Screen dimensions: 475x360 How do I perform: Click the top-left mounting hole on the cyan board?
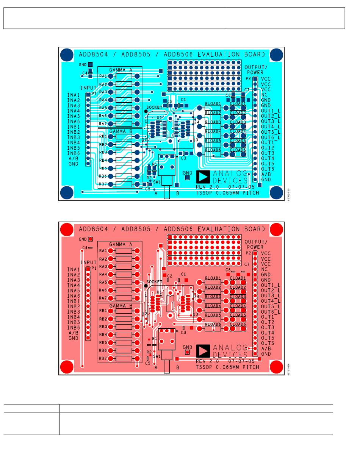tap(67, 55)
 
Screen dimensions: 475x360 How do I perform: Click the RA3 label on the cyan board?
tap(103, 92)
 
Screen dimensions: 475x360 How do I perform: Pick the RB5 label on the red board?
tap(103, 342)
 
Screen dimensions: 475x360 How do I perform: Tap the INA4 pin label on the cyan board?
tap(74, 111)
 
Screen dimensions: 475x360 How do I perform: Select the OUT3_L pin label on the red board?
tap(271, 295)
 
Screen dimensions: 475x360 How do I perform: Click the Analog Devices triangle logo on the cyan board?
tap(203, 177)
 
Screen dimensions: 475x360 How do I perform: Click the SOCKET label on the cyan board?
tap(154, 107)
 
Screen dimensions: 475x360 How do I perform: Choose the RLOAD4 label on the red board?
tap(213, 306)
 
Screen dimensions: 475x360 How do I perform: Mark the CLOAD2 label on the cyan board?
tap(238, 113)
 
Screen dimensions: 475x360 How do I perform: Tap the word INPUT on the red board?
tap(88, 262)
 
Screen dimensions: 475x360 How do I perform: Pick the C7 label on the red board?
tap(247, 264)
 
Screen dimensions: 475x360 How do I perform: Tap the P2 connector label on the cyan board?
tap(248, 78)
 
